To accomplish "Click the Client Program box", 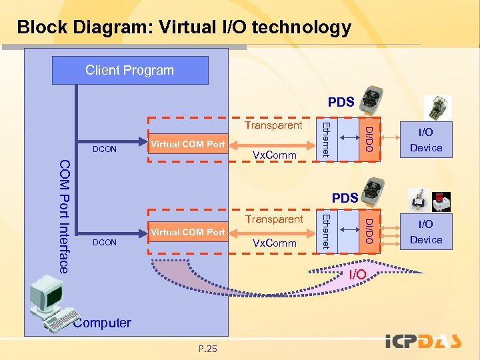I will click(130, 70).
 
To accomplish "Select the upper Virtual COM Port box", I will click(187, 143).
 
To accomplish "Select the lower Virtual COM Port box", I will click(187, 232).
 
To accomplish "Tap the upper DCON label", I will click(105, 149).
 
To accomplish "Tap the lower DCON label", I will click(105, 243).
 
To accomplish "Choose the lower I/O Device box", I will click(426, 232).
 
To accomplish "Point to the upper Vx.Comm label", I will click(275, 155).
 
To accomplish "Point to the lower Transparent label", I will click(273, 219).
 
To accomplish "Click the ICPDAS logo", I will click(424, 341).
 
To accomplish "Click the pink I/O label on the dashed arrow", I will click(357, 275).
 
